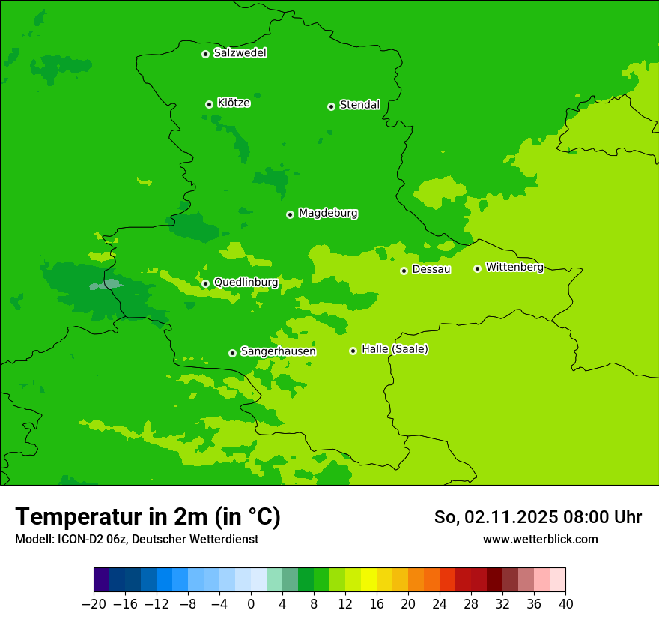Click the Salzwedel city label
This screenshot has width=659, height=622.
[240, 53]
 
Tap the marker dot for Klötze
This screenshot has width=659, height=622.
[209, 104]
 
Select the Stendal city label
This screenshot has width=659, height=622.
[359, 105]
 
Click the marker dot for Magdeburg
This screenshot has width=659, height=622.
[290, 214]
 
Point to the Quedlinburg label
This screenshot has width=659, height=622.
[246, 283]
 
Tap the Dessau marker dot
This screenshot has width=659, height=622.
[404, 271]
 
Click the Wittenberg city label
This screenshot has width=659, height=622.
[514, 267]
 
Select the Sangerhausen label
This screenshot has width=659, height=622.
[278, 351]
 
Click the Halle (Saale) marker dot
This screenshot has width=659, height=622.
[353, 351]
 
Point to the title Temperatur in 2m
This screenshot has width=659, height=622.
[148, 516]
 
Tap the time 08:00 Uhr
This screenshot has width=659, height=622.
[604, 517]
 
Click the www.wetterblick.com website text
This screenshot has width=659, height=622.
[540, 539]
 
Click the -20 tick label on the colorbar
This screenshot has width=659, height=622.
[94, 603]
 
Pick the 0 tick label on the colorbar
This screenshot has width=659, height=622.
[251, 603]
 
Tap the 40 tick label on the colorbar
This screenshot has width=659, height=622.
[565, 603]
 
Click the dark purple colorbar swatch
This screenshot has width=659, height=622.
[101, 580]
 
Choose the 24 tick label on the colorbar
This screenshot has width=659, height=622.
[440, 603]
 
